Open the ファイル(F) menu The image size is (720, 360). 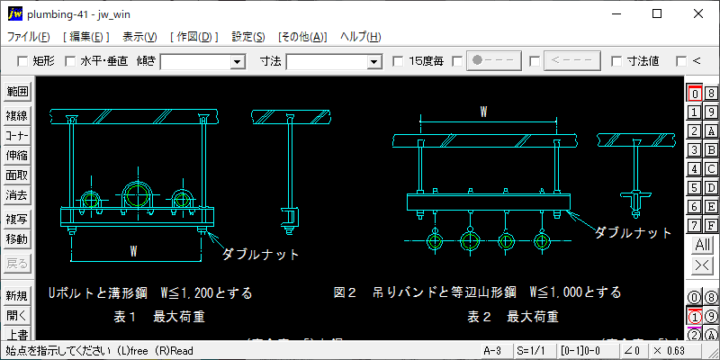click(29, 37)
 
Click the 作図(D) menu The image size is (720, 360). click(193, 37)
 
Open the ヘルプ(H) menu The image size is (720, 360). click(360, 37)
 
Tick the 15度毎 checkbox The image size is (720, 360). click(399, 61)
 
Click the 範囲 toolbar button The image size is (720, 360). click(17, 92)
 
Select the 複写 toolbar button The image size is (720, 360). click(17, 219)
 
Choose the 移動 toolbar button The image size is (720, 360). click(17, 238)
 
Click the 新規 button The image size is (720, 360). click(17, 296)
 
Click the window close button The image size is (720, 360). click(698, 13)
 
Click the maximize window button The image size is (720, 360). click(657, 13)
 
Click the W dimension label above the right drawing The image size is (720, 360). click(483, 112)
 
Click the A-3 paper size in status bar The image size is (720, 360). click(492, 350)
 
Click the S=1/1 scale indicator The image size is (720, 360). click(528, 350)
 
